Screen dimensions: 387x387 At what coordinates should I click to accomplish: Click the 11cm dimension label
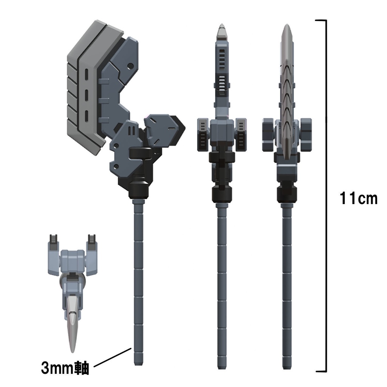(358, 198)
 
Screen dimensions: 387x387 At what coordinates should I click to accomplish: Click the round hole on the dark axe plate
(130, 67)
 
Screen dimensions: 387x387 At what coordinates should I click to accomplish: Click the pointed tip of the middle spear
(222, 27)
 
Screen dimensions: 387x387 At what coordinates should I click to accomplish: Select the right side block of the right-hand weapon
(305, 134)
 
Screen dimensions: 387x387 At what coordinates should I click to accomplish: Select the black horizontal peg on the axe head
(140, 153)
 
